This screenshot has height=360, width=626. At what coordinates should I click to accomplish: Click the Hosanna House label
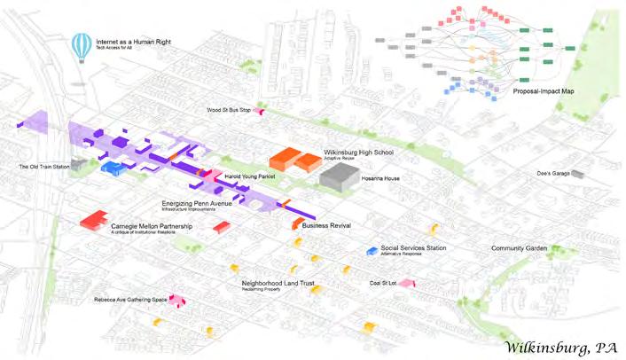pos(382,178)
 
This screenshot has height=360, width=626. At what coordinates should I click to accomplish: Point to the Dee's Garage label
pos(552,173)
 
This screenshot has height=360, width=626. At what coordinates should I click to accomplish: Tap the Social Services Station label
pos(413,248)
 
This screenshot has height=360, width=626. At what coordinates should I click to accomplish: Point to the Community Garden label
pos(520,248)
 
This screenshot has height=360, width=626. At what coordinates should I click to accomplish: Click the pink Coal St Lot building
pos(407,283)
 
